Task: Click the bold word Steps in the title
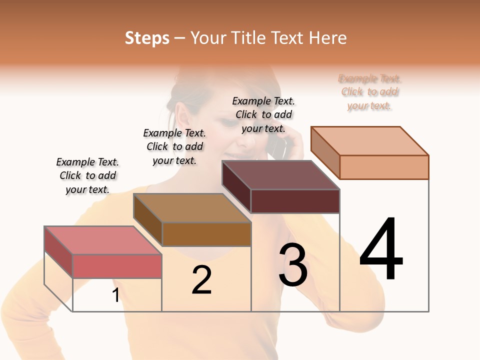point(147,38)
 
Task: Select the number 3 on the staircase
point(293,265)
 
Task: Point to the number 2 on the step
point(201,279)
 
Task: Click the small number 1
point(115,295)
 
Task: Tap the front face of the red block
point(117,266)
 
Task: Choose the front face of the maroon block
point(295,201)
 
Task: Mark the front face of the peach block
point(384,167)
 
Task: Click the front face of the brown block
point(206,234)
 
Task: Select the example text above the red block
point(87,175)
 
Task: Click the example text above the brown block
point(174,146)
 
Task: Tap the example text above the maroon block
point(263,114)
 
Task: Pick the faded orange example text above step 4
point(370,92)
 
